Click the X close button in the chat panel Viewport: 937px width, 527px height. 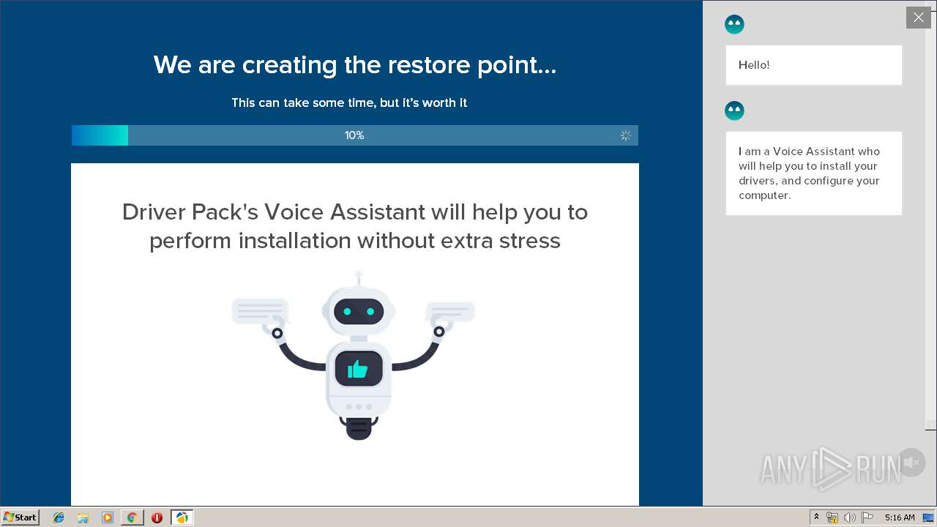tap(918, 18)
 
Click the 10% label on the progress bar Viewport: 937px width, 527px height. tap(354, 135)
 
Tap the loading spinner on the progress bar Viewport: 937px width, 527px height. tap(625, 135)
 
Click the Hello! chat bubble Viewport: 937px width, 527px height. tap(813, 65)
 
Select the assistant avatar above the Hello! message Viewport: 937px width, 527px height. tap(734, 24)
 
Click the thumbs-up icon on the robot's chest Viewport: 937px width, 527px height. tap(358, 370)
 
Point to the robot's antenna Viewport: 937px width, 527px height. tap(359, 279)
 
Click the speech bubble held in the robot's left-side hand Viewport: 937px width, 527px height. tap(260, 311)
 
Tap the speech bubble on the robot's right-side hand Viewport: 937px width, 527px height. tap(450, 312)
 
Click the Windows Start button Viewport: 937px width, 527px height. tap(20, 517)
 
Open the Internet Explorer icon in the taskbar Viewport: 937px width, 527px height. tap(59, 517)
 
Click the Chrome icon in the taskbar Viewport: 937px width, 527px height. tap(132, 517)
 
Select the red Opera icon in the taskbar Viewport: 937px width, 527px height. tap(157, 517)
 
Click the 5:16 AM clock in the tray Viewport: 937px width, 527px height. tap(900, 517)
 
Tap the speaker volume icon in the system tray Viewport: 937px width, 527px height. tap(849, 517)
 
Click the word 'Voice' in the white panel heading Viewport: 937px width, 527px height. tap(294, 212)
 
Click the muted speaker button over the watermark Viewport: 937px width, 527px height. tap(911, 463)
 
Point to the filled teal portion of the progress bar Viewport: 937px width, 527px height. tap(100, 135)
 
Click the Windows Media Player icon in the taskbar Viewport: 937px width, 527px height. tap(108, 517)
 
